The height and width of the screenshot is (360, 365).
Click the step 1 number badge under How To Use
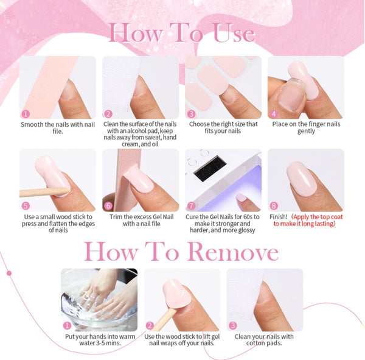click(x=26, y=114)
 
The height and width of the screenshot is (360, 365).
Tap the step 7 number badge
click(x=192, y=206)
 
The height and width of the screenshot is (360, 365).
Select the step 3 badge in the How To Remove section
click(x=233, y=325)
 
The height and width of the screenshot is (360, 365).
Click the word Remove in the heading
click(x=233, y=252)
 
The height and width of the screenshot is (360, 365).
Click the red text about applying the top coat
click(x=308, y=221)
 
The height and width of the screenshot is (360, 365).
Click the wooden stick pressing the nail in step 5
click(x=44, y=192)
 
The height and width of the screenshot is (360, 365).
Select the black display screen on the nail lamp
click(x=210, y=168)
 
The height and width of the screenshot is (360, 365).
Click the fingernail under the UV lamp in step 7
click(x=242, y=197)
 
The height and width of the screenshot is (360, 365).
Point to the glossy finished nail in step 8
click(x=302, y=179)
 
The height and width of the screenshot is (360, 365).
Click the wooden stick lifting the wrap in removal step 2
click(x=164, y=318)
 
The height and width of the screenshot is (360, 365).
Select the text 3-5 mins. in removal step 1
click(x=107, y=343)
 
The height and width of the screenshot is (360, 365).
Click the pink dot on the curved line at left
click(x=9, y=273)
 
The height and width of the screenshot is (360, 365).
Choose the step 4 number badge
click(x=274, y=114)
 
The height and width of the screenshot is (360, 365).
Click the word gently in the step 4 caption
click(x=306, y=132)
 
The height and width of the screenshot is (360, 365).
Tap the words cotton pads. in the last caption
click(x=264, y=343)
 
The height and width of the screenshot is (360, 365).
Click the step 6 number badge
click(x=108, y=206)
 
